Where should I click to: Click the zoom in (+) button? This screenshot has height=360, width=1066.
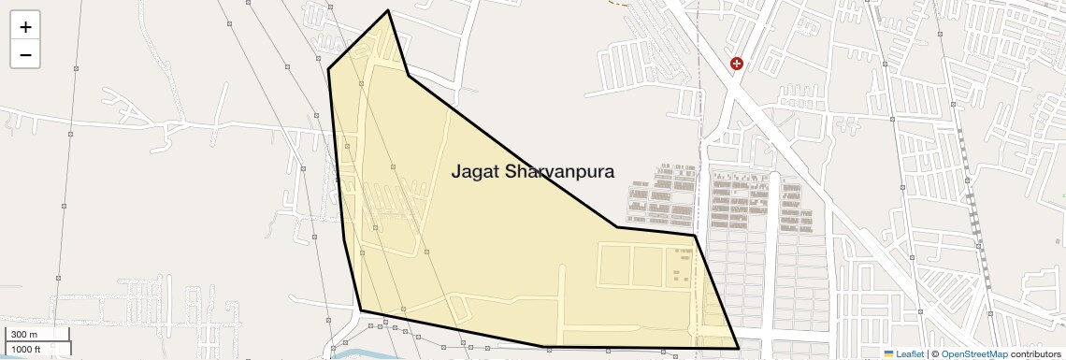pos(25,27)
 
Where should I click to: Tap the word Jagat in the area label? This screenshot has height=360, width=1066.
pos(475,172)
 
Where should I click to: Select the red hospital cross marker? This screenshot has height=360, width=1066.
pos(737,64)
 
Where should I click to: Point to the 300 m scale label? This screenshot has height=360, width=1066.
pos(24,335)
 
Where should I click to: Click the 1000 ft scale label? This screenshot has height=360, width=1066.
pos(26,350)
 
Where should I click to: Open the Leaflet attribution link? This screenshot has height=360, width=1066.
pos(909,354)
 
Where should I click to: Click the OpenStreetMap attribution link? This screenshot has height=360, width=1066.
pos(974,354)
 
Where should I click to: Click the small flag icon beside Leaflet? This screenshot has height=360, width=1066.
pos(888,354)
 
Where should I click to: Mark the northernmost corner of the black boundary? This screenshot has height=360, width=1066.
pos(388,11)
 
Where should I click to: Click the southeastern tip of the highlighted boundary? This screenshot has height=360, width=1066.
pos(739,349)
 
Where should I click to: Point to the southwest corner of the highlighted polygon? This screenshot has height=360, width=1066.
pos(361,310)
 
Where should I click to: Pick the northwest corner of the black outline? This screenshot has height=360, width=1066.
pos(328,68)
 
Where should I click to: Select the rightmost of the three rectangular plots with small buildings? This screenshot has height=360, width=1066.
pos(680,266)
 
